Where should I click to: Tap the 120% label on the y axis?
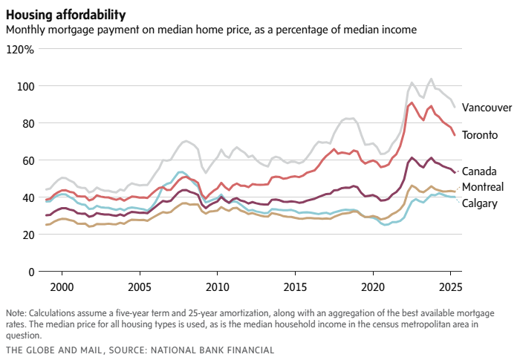coord(20,50)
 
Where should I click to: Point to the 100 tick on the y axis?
coord(25,87)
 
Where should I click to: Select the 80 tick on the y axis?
coord(27,124)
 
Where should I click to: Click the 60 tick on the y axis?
coord(27,161)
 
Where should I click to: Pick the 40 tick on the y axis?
coord(27,198)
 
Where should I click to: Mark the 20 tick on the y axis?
coord(27,235)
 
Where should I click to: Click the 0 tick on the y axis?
coord(30,272)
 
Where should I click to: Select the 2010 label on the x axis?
coord(217,287)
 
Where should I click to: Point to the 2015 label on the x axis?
coord(295,287)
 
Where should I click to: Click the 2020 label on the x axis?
coord(373,287)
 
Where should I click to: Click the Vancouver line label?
coord(487,108)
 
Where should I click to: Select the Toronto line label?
coord(480,136)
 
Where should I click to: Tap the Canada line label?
coord(479,171)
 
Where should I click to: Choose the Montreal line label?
coord(483,187)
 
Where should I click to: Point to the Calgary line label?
coord(480,203)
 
